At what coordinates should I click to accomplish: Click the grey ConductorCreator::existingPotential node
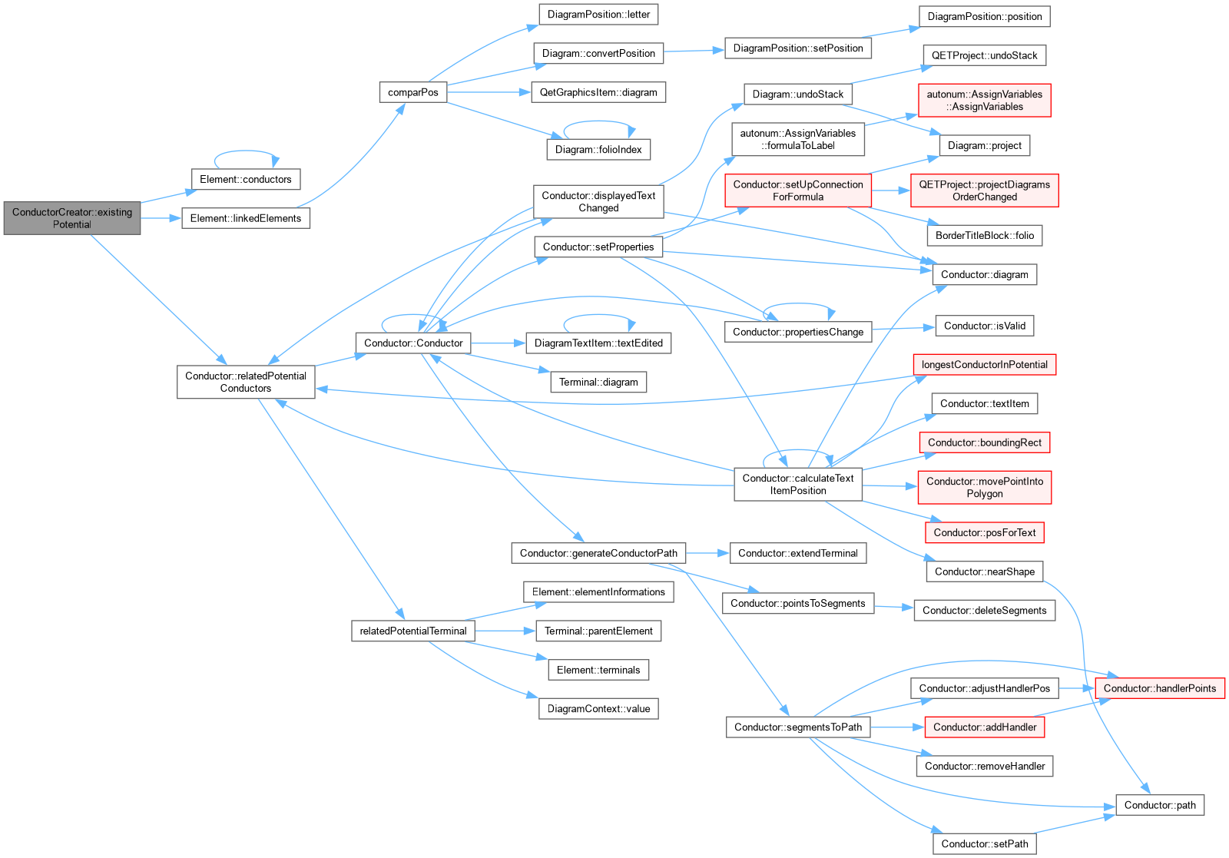[72, 218]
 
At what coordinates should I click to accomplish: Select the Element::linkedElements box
[246, 218]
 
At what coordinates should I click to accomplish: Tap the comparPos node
[413, 92]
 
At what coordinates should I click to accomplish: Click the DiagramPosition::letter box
[598, 15]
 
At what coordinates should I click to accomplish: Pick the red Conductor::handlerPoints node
[1160, 688]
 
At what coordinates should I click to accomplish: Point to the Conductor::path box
[1160, 805]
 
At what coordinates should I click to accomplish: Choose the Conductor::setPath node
[985, 844]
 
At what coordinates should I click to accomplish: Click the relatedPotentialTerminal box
[413, 631]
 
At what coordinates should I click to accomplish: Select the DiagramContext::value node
[598, 709]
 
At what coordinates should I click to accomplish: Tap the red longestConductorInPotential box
[985, 365]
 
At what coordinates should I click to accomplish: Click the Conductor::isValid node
[985, 326]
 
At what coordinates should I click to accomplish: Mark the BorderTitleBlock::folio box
[985, 235]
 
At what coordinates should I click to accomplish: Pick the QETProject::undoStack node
[985, 55]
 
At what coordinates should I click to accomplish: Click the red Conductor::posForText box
[985, 532]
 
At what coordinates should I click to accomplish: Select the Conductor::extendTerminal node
[798, 553]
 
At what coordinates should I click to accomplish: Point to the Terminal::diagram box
[598, 382]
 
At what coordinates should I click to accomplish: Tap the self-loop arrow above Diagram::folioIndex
[598, 121]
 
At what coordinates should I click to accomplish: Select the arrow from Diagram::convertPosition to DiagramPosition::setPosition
[694, 51]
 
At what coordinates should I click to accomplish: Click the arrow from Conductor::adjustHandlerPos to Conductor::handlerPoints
[1077, 688]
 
